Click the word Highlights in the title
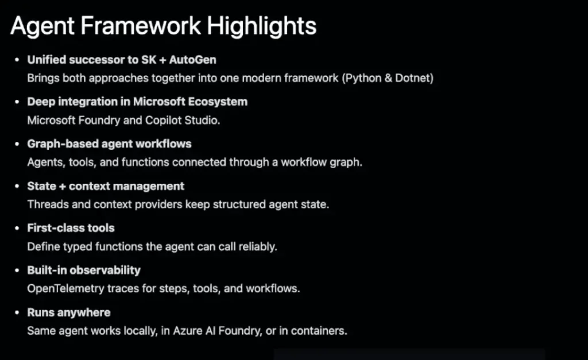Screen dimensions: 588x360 (261, 26)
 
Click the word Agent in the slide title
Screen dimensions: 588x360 (42, 27)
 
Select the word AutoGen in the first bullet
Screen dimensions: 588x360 (192, 60)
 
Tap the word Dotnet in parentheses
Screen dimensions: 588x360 (414, 78)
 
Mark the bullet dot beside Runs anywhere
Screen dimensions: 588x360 (17, 312)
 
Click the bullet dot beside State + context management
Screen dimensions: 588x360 (17, 186)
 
